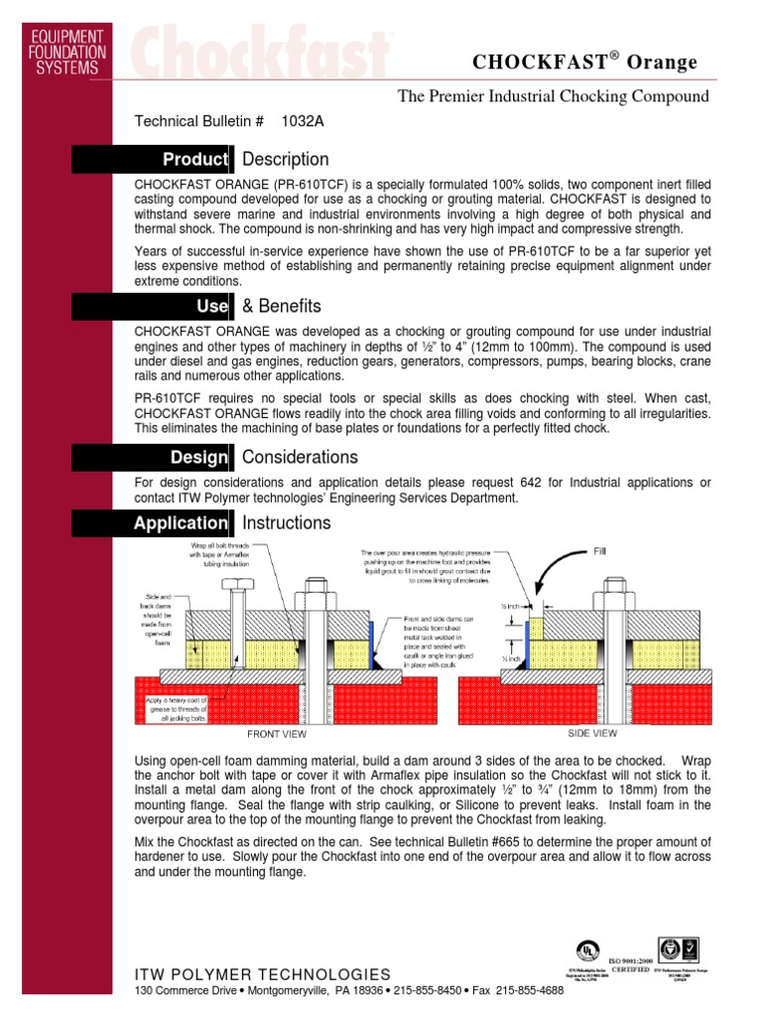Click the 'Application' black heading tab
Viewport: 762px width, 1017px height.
click(182, 523)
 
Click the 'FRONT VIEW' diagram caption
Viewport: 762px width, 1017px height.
click(276, 735)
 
